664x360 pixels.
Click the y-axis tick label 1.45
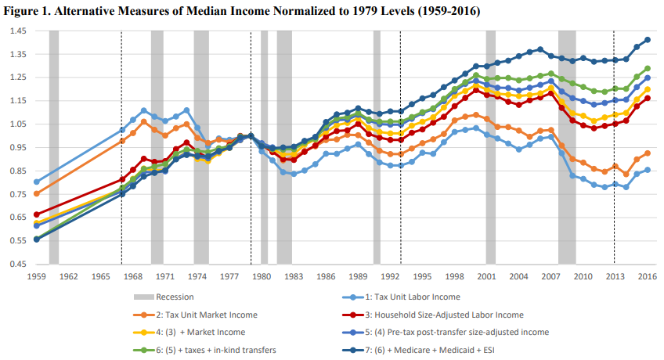pyautogui.click(x=16, y=31)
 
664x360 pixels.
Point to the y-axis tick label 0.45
pyautogui.click(x=16, y=264)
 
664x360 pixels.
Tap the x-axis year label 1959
pyautogui.click(x=37, y=277)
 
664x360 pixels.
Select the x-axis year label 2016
pyautogui.click(x=647, y=277)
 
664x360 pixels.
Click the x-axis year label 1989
pyautogui.click(x=358, y=277)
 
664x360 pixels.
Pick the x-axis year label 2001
pyautogui.click(x=486, y=277)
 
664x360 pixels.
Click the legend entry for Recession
pyautogui.click(x=175, y=297)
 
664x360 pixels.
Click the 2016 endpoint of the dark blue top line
pyautogui.click(x=648, y=40)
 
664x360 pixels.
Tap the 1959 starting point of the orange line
pyautogui.click(x=37, y=193)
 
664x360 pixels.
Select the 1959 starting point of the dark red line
pyautogui.click(x=37, y=214)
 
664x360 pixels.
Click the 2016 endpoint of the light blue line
pyautogui.click(x=648, y=170)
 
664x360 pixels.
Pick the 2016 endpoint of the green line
pyautogui.click(x=648, y=68)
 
